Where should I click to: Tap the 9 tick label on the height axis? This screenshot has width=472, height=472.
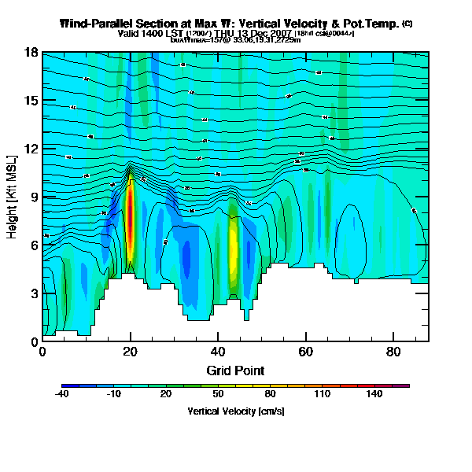[35, 197]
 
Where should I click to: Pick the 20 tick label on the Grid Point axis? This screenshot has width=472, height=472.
[130, 352]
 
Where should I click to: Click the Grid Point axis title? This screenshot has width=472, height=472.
[235, 370]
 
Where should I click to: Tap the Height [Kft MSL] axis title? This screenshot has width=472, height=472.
[13, 197]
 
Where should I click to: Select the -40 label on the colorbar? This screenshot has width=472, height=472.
[62, 394]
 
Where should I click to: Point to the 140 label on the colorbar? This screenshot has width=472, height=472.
[374, 394]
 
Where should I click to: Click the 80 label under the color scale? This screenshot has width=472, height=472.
[270, 394]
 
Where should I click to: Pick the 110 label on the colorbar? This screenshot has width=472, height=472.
[323, 394]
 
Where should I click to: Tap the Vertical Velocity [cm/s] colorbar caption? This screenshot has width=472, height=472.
[235, 411]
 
